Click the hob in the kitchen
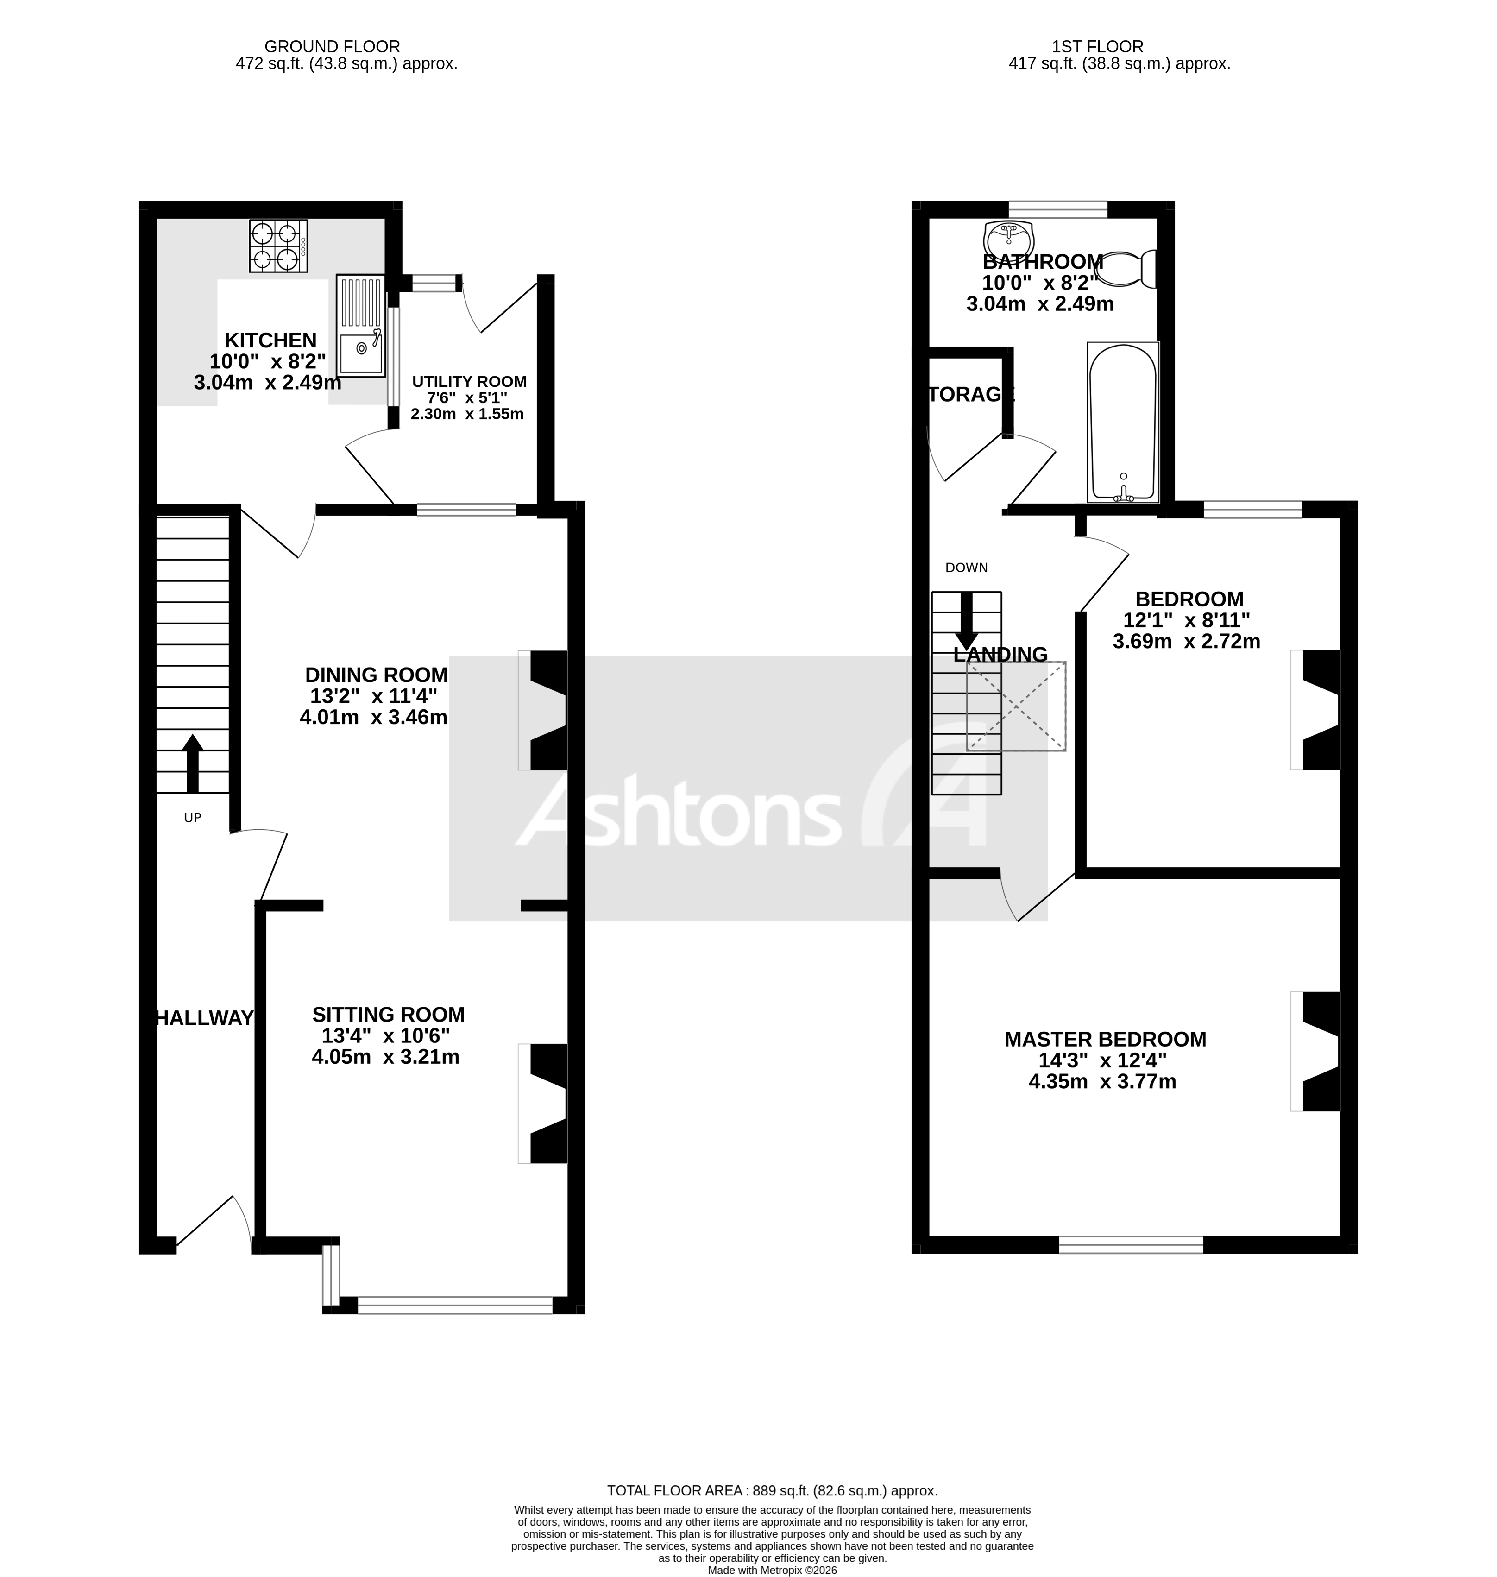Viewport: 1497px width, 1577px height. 278,246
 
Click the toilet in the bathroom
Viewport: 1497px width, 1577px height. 1127,269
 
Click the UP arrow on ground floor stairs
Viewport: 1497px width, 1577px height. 192,762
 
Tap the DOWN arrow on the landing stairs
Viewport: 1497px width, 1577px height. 966,621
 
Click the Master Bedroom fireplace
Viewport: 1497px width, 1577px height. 1317,1051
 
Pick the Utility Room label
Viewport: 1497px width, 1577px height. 469,381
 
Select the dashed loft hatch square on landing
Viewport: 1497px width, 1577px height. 1016,706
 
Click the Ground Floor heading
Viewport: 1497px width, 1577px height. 332,47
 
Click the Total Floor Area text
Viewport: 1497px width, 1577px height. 772,1490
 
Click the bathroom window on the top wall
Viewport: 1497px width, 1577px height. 1057,209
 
